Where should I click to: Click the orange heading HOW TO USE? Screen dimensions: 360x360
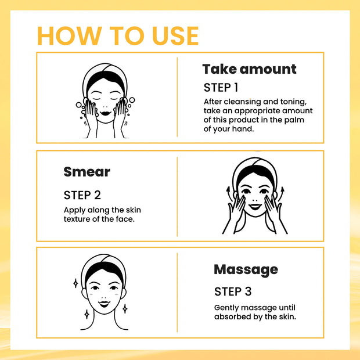point(118,35)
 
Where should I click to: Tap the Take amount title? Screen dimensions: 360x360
point(249,69)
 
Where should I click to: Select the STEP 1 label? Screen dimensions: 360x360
point(221,88)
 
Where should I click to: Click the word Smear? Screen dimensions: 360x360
point(87,172)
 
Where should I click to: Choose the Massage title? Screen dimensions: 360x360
point(246,269)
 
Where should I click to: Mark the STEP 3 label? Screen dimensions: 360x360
point(232,291)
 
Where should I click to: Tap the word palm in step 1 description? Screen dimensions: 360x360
point(294,120)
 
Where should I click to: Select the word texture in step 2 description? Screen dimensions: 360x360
point(80,219)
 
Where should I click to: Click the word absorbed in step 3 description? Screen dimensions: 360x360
point(232,316)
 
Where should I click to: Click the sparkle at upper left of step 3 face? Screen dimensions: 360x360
point(75,284)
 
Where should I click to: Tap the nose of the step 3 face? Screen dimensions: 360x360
point(105,294)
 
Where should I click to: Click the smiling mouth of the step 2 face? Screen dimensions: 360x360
point(255,206)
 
